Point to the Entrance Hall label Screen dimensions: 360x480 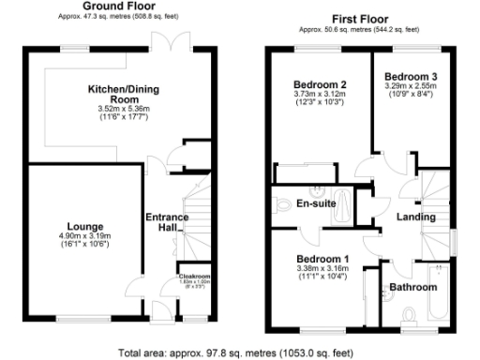pos(166,222)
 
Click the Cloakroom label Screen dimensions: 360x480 pos(194,277)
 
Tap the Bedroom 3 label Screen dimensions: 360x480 pos(409,74)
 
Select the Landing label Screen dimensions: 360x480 pos(415,217)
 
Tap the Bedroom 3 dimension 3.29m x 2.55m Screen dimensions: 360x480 pos(409,85)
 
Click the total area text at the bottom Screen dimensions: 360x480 pos(236,353)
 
